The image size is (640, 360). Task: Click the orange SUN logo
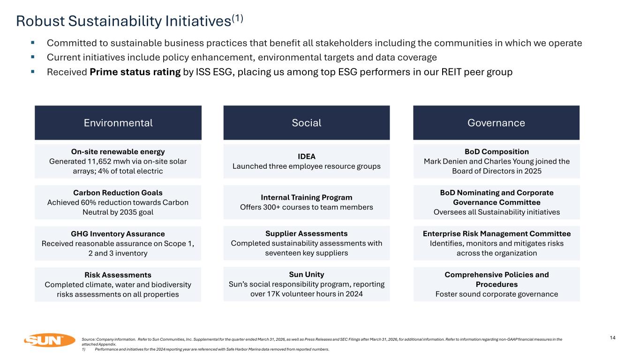click(49, 340)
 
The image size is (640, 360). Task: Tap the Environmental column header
click(118, 122)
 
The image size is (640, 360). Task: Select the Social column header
click(307, 122)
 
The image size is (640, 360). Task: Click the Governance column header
click(496, 122)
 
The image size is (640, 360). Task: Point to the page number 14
click(612, 337)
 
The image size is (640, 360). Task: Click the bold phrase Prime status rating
click(135, 72)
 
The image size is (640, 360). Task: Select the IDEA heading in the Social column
click(307, 157)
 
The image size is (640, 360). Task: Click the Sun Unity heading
click(307, 275)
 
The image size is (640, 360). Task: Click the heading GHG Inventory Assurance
click(118, 234)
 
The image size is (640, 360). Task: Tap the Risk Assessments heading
click(118, 275)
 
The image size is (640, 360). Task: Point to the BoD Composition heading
click(497, 152)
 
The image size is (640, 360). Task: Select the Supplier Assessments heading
click(307, 234)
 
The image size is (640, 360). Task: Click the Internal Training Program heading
click(307, 197)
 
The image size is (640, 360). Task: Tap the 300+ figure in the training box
click(271, 207)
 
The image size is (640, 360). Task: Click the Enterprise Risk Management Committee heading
click(497, 234)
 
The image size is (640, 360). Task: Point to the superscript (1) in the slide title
click(237, 19)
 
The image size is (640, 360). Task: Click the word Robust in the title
click(40, 21)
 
